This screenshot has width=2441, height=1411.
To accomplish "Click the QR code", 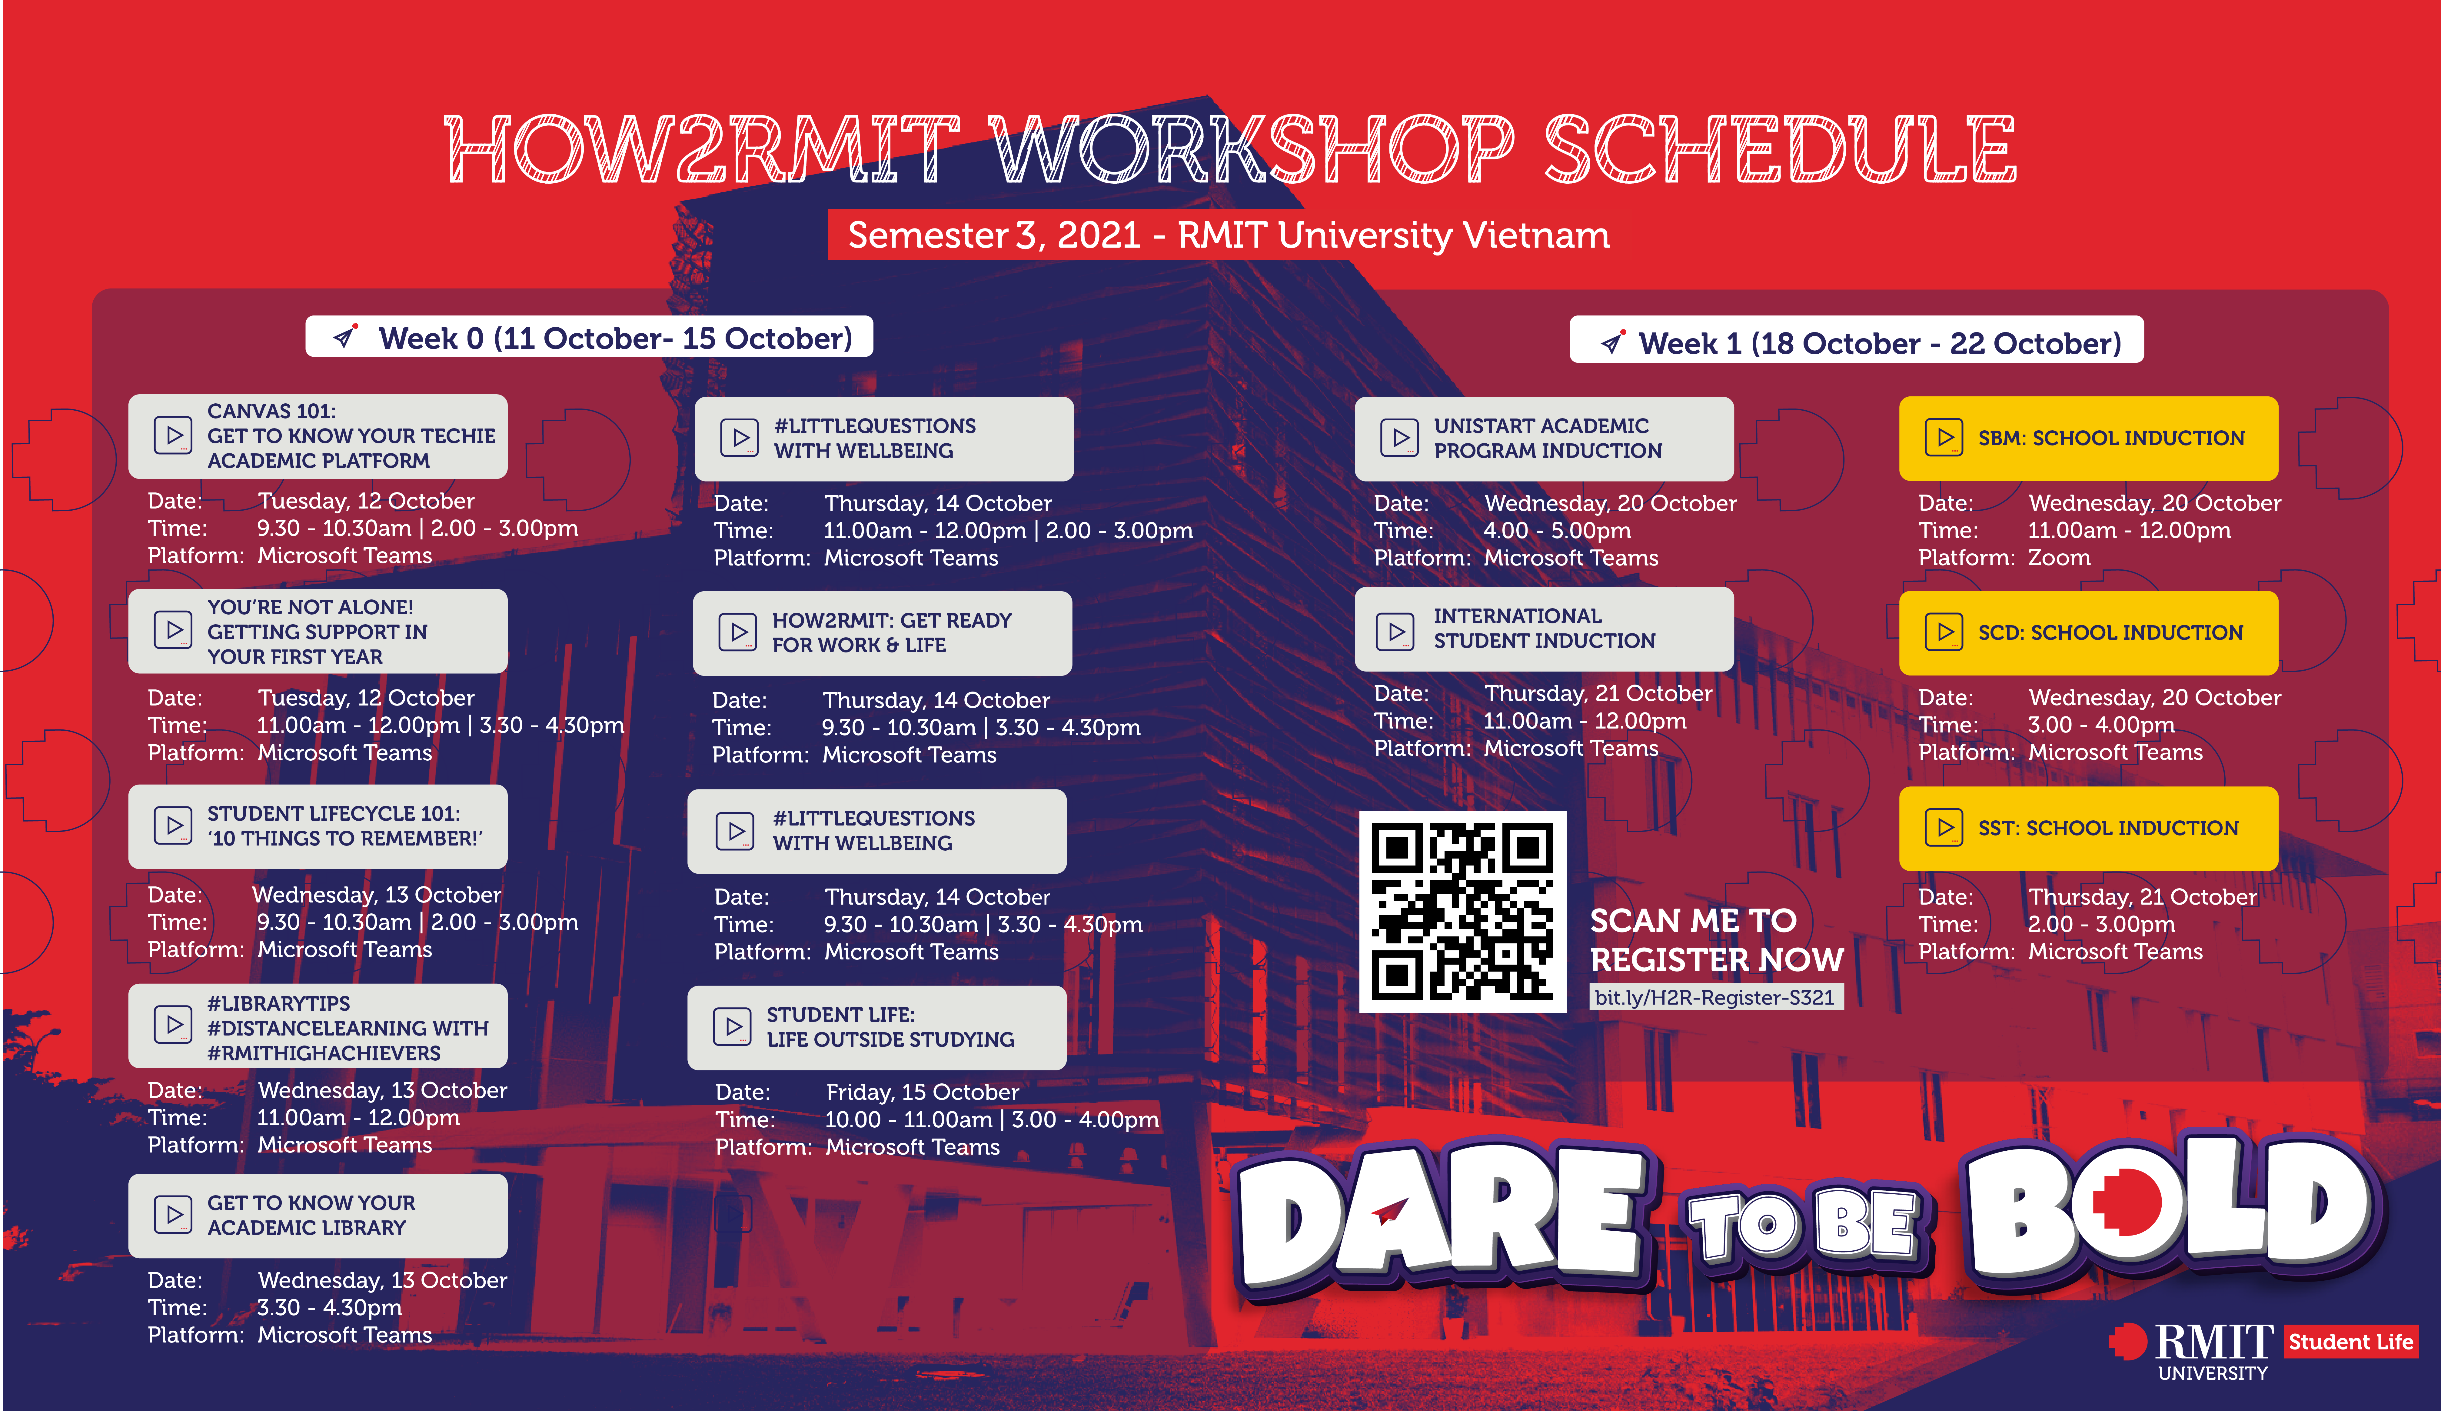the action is (x=1463, y=911).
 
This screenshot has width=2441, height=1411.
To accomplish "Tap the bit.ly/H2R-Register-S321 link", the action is (x=1714, y=997).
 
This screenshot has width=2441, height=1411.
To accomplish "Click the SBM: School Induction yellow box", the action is (x=2088, y=438).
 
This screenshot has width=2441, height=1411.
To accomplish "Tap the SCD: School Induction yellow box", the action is (x=2088, y=633).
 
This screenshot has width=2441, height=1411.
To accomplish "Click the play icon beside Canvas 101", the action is (x=173, y=435).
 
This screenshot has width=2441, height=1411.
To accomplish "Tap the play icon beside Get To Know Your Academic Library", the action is (x=173, y=1214).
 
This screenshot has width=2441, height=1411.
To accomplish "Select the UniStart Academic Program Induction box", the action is (x=1544, y=438).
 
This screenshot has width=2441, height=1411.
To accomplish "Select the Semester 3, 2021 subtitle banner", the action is (x=1228, y=235).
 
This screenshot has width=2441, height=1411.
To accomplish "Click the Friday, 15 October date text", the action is (x=922, y=1092).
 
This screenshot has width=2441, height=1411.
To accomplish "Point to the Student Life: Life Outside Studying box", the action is (x=876, y=1027).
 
